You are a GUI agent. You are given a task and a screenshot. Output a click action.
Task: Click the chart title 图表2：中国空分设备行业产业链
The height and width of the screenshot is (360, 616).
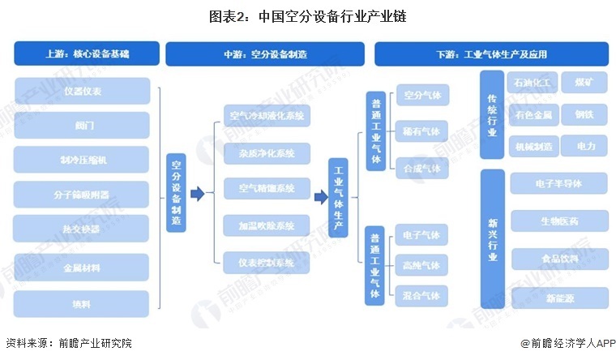(x=307, y=14)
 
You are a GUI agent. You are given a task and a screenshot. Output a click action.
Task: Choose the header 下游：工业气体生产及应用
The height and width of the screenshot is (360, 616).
(x=491, y=54)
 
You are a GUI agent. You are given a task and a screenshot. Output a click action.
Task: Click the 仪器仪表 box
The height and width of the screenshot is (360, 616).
(x=82, y=91)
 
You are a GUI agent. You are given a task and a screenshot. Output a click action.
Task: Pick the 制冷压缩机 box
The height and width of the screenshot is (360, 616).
(x=82, y=160)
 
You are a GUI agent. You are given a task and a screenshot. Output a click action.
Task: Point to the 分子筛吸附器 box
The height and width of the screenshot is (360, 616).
(x=82, y=195)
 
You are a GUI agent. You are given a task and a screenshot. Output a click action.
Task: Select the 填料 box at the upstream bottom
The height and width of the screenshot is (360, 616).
(x=82, y=303)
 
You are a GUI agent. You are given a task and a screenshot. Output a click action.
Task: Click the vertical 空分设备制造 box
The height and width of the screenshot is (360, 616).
(x=176, y=193)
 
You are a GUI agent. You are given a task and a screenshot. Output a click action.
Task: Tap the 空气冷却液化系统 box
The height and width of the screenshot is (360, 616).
(x=267, y=116)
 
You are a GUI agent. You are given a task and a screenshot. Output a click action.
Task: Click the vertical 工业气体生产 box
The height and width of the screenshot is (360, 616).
(x=339, y=197)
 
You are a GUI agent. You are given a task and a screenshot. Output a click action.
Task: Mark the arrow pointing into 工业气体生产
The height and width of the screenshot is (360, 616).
(x=320, y=196)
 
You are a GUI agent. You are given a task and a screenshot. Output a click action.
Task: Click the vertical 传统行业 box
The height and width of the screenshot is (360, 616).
(x=490, y=114)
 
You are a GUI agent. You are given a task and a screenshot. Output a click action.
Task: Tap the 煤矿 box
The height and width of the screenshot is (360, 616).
(x=583, y=83)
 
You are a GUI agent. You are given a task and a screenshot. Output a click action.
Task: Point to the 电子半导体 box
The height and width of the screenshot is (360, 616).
(x=558, y=184)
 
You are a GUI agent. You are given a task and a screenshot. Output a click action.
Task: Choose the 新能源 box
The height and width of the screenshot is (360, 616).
(x=558, y=298)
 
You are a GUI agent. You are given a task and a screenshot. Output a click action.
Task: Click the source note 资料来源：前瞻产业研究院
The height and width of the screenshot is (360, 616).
(x=68, y=344)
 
